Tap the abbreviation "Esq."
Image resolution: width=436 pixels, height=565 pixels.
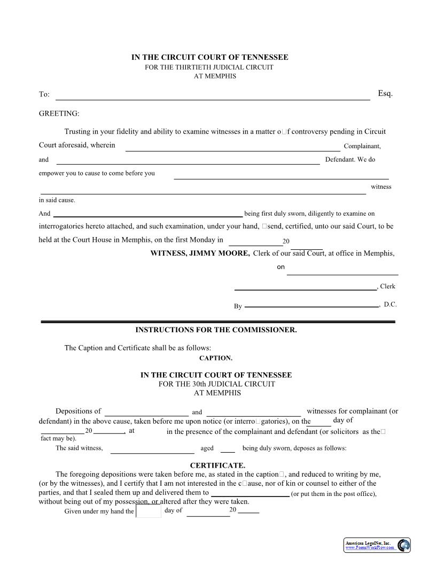pyautogui.click(x=385, y=94)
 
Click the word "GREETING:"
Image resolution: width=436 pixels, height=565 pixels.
pyautogui.click(x=59, y=113)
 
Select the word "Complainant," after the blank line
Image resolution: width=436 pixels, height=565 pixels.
pyautogui.click(x=362, y=146)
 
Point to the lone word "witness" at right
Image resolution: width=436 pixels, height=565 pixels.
pyautogui.click(x=381, y=187)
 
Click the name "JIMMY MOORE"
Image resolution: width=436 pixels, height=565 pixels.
pyautogui.click(x=216, y=254)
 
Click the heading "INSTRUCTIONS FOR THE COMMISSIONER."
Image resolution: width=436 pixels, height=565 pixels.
pyautogui.click(x=216, y=330)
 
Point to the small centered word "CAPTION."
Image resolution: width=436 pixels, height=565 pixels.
pyautogui.click(x=216, y=358)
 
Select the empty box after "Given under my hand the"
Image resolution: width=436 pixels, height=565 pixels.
pyautogui.click(x=149, y=511)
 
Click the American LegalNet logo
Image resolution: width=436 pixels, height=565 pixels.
pyautogui.click(x=377, y=545)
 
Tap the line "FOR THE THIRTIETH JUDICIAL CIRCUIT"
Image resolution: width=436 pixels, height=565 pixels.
pyautogui.click(x=209, y=67)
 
